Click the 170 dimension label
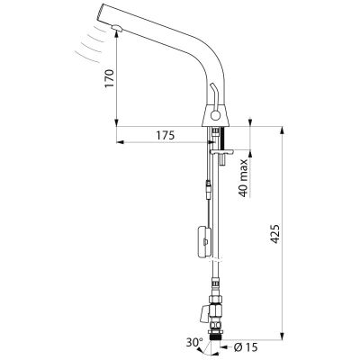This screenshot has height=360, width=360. pos(110,78)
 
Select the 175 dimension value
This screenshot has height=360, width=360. pos(165,136)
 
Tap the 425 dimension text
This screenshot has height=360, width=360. pos(275,233)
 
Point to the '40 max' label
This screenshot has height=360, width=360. pos(243,177)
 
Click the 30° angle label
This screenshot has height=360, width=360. pos(194,342)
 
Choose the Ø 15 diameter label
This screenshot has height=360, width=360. pos(246,347)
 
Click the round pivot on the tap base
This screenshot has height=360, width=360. pos(215,114)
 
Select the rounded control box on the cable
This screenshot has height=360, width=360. pos(204,241)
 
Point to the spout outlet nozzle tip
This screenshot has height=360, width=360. pos(116,28)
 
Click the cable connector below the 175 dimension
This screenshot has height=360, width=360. pos(208,186)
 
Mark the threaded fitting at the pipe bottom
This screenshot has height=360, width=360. pos(216,336)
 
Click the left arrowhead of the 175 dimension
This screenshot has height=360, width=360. pos(120,142)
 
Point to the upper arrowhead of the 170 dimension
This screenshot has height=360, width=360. pos(116,33)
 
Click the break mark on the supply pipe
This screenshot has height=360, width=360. pos(217,259)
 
